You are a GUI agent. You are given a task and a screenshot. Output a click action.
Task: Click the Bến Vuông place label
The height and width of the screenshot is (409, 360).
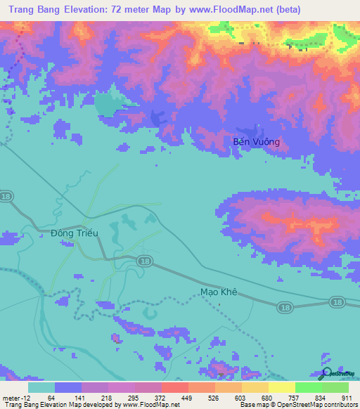(x=256, y=142)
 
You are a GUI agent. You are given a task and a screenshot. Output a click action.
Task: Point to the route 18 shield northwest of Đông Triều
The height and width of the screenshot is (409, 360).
(x=6, y=196)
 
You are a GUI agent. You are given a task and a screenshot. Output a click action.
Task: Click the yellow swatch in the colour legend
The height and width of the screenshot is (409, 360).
(x=281, y=387)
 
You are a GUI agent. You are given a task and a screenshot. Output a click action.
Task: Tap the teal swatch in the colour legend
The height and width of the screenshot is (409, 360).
(x=41, y=387)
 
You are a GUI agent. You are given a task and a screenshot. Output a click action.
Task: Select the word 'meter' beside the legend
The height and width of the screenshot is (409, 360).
(x=11, y=397)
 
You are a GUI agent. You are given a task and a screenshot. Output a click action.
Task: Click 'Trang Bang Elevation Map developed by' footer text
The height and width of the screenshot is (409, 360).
(x=49, y=405)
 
